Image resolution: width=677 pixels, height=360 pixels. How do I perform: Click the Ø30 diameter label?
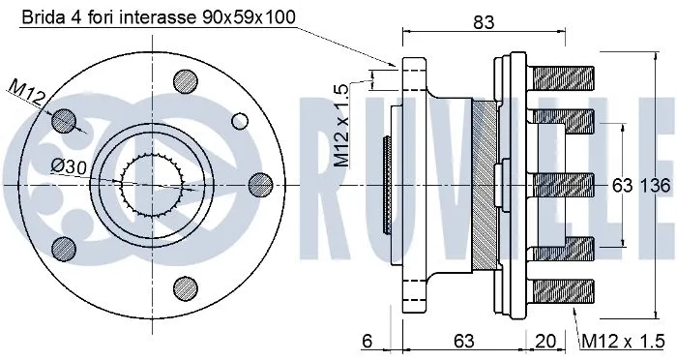[x=69, y=166]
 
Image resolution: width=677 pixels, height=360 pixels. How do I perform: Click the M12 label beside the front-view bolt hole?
[x=25, y=94]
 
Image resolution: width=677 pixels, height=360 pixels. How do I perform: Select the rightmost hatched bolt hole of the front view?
[x=257, y=184]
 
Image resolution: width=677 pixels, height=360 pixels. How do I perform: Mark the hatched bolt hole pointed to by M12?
[x=64, y=120]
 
